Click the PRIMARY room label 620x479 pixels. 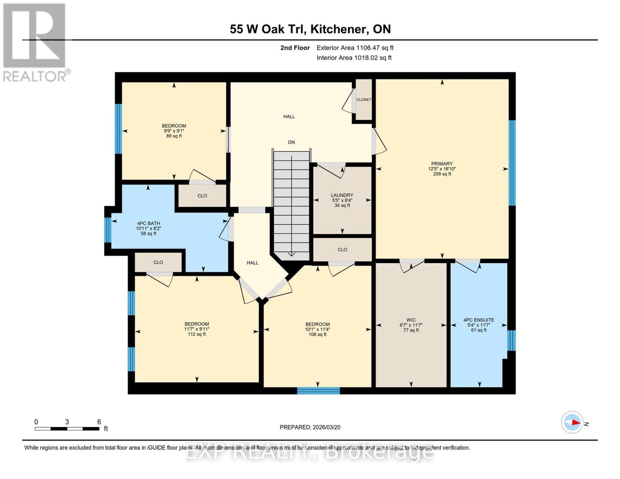(442, 164)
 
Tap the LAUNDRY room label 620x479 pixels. (342, 195)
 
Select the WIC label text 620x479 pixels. (411, 320)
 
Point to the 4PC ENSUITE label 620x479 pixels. (479, 320)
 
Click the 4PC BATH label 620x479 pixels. (149, 224)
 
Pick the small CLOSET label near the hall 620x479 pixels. (364, 100)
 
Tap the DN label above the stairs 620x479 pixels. (291, 142)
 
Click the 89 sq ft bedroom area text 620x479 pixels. (174, 136)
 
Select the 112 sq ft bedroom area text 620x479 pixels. (197, 334)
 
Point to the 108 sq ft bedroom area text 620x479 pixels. (318, 335)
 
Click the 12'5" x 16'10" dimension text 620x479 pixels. (442, 169)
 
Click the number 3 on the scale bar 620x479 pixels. (67, 422)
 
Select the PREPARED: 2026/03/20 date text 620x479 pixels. (310, 427)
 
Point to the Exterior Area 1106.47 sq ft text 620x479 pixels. (355, 48)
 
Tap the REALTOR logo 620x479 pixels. (35, 42)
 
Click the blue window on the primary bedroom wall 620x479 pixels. (512, 163)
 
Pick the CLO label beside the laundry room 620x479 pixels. (343, 249)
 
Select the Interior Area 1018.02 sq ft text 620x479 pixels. (354, 58)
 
